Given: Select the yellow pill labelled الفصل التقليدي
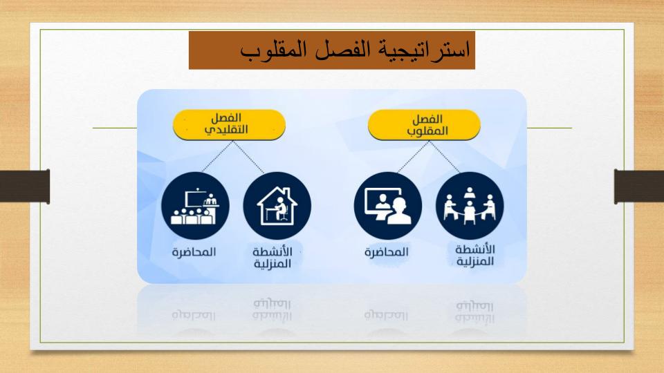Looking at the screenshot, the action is pos(229,124).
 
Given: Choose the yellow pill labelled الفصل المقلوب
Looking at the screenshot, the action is pos(424,125).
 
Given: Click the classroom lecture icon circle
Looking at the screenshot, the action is pos(195,206).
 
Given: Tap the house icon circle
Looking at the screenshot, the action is pos(277,206).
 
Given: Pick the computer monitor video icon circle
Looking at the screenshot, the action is pos(388,206).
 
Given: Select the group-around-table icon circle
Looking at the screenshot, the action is pos(470,206).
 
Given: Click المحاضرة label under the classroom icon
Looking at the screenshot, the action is pos(194,252).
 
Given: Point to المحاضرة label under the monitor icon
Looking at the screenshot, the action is pos(387,252).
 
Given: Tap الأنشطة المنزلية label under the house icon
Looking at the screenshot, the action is pos(273,258).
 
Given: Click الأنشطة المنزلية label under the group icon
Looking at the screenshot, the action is pos(475,255).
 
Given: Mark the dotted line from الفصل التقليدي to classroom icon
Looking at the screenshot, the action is pos(218,157).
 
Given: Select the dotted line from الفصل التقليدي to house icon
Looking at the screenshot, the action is pos(248,157).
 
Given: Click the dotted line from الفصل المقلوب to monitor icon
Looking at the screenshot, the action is pos(414,157).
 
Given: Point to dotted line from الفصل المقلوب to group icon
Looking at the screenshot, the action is pos(445,157).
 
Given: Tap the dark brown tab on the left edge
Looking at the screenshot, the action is pos(25,186).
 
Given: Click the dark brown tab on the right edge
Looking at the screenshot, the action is pos(639,186).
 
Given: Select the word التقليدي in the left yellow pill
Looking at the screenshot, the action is pos(226,130).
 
